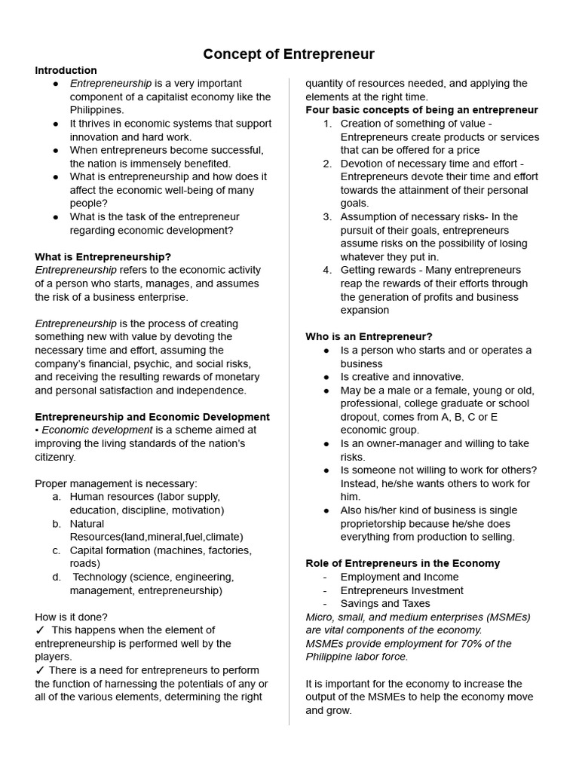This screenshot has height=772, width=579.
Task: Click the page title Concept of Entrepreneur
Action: coord(289,54)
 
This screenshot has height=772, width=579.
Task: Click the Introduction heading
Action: coord(66,70)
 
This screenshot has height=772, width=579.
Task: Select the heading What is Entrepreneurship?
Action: coord(103,256)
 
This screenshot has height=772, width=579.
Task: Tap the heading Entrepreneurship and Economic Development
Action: coord(152,417)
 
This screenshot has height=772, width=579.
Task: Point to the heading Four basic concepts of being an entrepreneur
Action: coord(421,110)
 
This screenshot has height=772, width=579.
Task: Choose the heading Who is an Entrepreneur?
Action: coord(369,336)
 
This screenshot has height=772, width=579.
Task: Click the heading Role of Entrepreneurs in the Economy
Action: coord(403,563)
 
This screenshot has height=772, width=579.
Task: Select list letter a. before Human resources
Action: coord(57,497)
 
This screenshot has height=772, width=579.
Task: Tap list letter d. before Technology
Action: coord(57,577)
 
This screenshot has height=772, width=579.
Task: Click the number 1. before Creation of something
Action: coord(327,124)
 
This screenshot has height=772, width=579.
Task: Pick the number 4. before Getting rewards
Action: coord(327,270)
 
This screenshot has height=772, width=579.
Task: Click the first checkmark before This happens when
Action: coord(40,630)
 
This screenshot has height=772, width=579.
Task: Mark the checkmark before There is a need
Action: coord(40,670)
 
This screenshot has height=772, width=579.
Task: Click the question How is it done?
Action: coord(71,617)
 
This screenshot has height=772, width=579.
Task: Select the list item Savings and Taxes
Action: coord(385,603)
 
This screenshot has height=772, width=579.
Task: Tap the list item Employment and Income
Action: coord(399,577)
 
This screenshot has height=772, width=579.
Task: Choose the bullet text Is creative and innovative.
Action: coord(402,377)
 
